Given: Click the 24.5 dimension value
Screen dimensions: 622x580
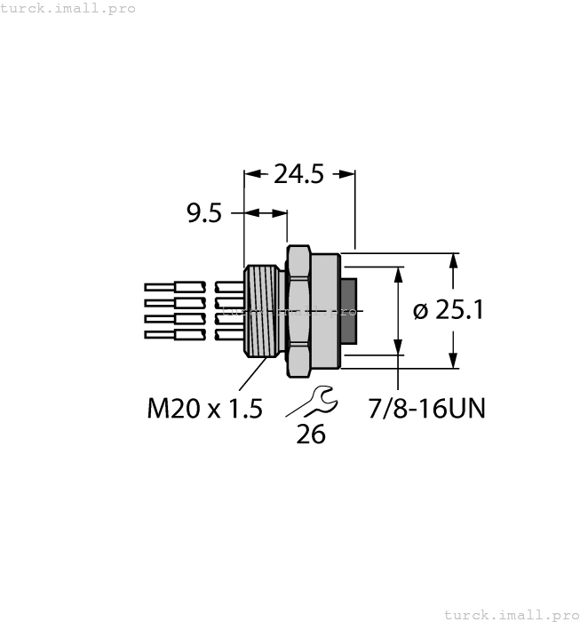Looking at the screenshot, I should coord(298,175).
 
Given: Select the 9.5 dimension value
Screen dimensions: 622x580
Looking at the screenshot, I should coord(203,214).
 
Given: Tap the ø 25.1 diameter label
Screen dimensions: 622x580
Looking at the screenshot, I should coord(449,310).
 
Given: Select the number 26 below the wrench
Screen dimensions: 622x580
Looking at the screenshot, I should coord(311,435).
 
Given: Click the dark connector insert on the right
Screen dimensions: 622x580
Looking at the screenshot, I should coord(349,311).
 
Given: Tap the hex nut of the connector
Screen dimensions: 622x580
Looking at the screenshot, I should coord(298,311).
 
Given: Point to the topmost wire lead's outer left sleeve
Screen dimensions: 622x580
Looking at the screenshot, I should coord(160,287).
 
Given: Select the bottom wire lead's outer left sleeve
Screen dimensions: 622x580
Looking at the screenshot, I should coord(160,335).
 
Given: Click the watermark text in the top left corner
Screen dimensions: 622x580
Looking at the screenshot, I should coord(68,8).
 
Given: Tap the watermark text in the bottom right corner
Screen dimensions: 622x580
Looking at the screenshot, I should coord(510,614).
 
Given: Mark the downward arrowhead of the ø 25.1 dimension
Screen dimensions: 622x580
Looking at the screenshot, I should coord(454,361).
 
